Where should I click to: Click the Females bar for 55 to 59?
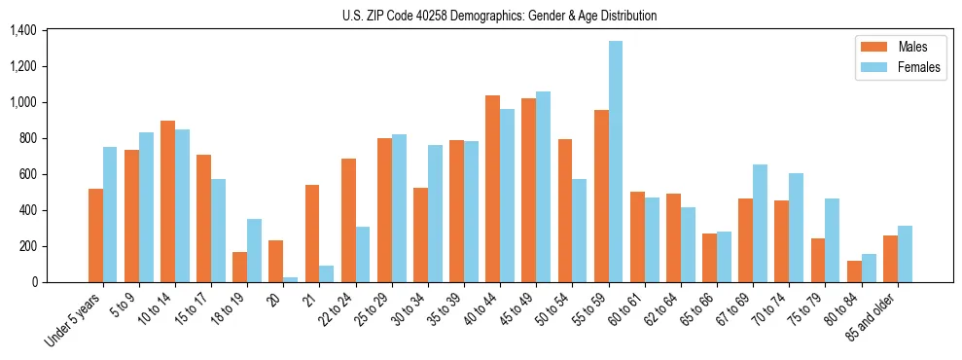[616, 162]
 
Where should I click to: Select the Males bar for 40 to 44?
[493, 189]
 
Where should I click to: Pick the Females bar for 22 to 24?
[363, 254]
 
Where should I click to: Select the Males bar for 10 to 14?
[167, 201]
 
